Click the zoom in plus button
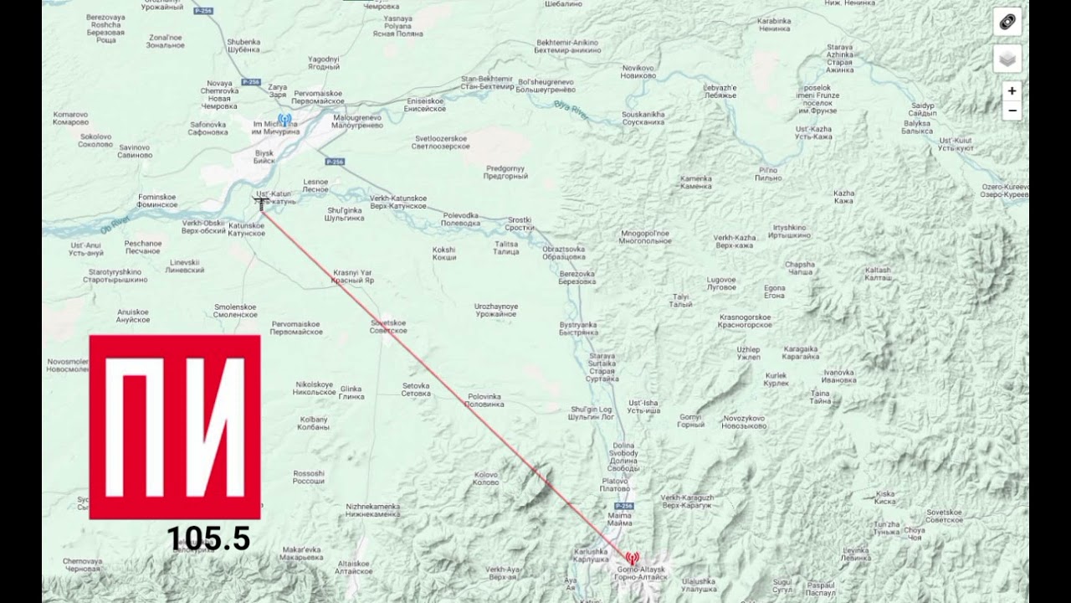[1012, 91]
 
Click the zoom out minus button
[1012, 111]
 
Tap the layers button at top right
[1007, 59]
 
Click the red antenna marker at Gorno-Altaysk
[632, 558]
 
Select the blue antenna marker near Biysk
[284, 120]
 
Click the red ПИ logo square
[175, 427]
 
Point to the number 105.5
[208, 539]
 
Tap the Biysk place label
[264, 157]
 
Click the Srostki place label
[520, 224]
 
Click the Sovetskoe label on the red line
[388, 327]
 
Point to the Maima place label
[620, 519]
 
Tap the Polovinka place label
[484, 400]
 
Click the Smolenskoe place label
[236, 311]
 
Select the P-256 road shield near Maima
[623, 506]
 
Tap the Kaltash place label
[878, 274]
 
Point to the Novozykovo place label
[745, 421]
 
